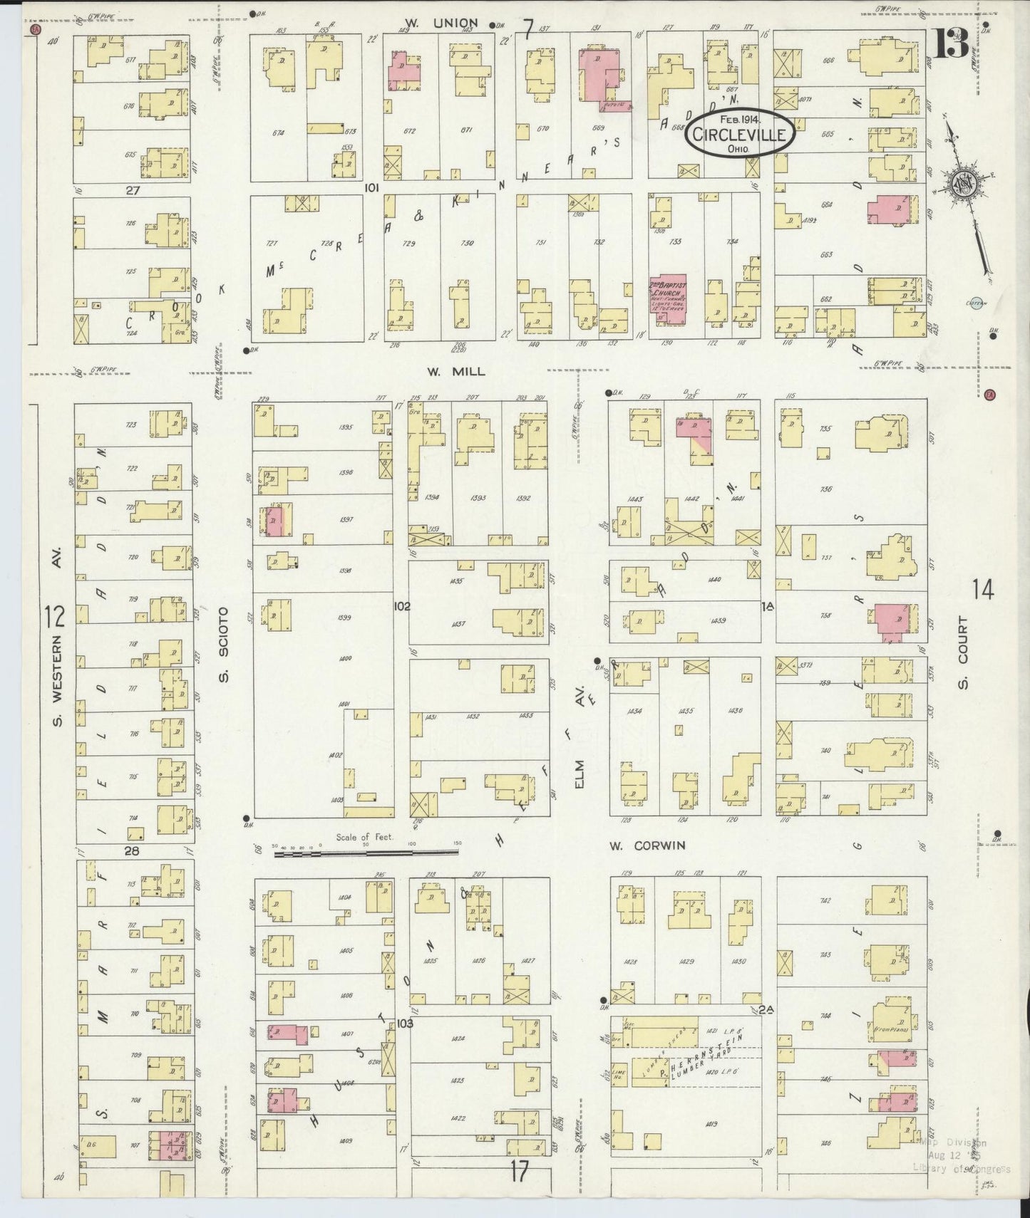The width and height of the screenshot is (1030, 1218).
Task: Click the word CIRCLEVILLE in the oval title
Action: pyautogui.click(x=741, y=135)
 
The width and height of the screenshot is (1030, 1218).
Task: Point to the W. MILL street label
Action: pyautogui.click(x=456, y=371)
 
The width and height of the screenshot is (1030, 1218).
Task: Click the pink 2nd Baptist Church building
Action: pyautogui.click(x=668, y=299)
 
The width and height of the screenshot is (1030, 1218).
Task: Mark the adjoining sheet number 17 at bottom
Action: pyautogui.click(x=520, y=1170)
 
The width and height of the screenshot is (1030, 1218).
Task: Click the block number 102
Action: pyautogui.click(x=402, y=606)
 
